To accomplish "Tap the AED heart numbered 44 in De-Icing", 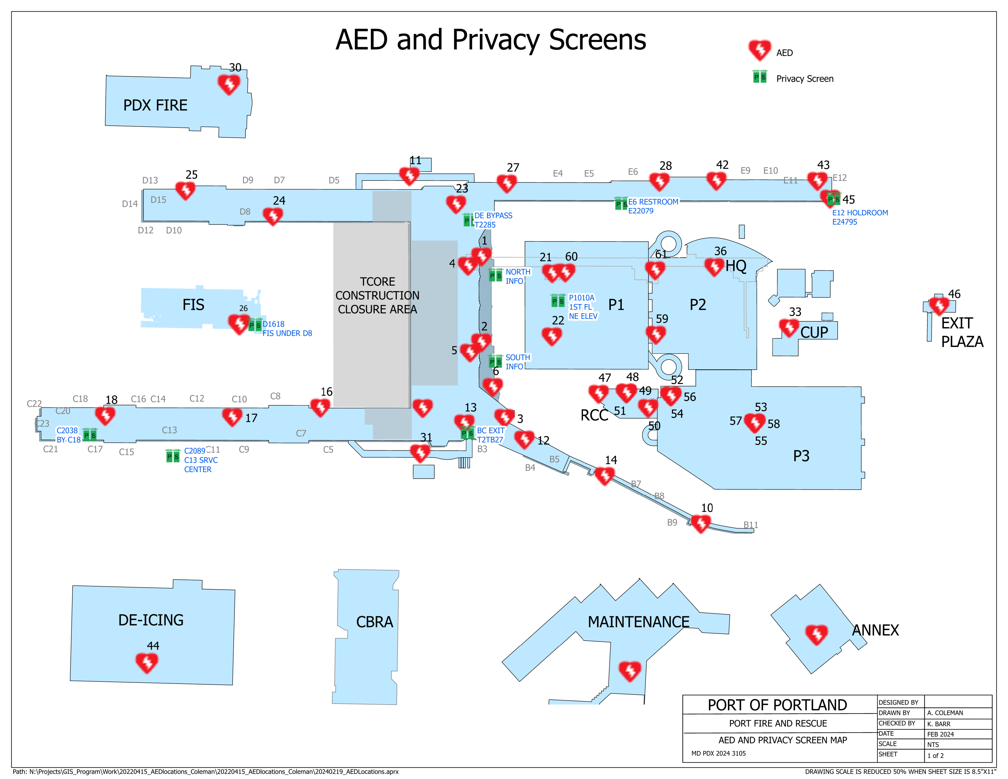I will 147,662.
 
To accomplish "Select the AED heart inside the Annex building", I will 816,635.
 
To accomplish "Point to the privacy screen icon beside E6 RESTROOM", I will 621,203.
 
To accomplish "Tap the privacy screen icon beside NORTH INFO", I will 495,275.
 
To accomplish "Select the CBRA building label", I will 374,621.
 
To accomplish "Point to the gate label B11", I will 751,525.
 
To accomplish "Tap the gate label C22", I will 34,404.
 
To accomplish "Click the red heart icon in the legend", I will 759,49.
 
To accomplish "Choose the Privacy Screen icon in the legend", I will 760,77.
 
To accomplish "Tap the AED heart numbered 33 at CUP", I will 789,327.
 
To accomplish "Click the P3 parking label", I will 801,456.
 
